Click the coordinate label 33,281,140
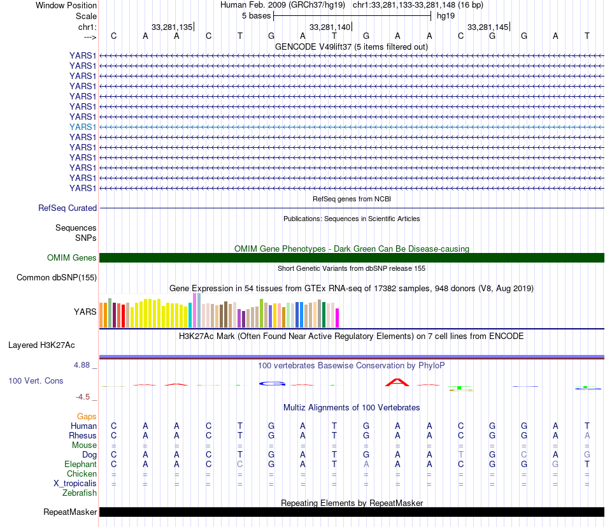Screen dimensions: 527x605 pos(329,27)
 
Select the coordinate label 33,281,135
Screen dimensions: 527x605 pos(171,27)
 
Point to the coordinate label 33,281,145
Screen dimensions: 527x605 pos(487,27)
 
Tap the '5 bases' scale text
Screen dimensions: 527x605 pos(256,15)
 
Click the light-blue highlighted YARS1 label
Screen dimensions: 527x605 pos(83,127)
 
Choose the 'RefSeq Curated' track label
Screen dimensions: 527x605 pos(68,208)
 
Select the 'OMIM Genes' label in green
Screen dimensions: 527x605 pos(71,258)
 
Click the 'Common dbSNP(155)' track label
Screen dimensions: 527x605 pos(57,277)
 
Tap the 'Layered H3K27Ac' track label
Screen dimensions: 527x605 pos(41,345)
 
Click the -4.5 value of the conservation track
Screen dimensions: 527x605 pos(83,396)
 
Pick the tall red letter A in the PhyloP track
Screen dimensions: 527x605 pos(398,382)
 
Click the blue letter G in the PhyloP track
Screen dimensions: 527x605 pos(272,384)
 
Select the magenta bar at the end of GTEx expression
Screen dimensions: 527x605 pos(338,317)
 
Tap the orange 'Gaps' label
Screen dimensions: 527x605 pos(87,416)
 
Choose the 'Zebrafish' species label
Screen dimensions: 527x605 pos(80,493)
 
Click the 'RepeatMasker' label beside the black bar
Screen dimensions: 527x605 pos(70,512)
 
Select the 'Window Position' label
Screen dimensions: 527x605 pos(66,5)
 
